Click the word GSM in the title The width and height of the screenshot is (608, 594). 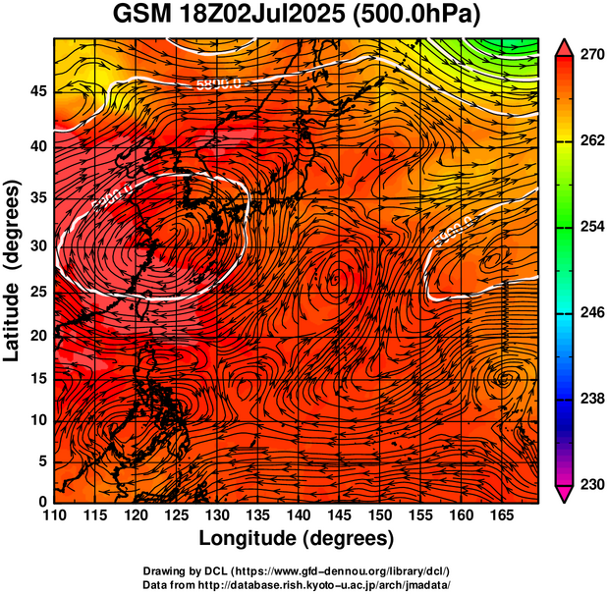pyautogui.click(x=140, y=17)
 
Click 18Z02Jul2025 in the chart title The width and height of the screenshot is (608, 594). pyautogui.click(x=259, y=17)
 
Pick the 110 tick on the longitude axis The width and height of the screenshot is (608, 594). pyautogui.click(x=54, y=514)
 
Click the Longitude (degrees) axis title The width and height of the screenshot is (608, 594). pyautogui.click(x=296, y=538)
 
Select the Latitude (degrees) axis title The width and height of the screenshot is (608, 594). pyautogui.click(x=13, y=270)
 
